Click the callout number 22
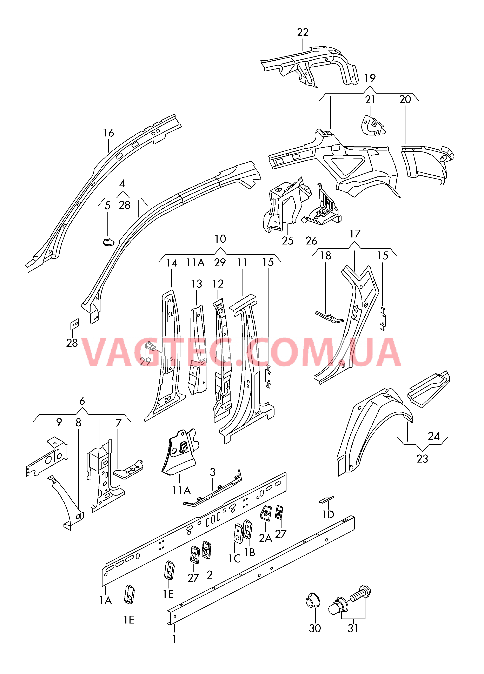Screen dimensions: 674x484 (x=303, y=32)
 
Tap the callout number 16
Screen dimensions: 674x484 (x=108, y=133)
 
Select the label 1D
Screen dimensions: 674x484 (x=328, y=514)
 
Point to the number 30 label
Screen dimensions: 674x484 (x=315, y=628)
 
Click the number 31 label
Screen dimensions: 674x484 (x=353, y=628)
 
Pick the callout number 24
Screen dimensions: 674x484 (x=434, y=436)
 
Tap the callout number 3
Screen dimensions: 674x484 (x=213, y=472)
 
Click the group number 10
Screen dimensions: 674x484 (x=220, y=239)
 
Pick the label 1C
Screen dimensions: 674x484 (x=234, y=558)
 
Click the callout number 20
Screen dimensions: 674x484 (x=405, y=100)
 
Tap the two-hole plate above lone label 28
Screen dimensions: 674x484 (x=75, y=324)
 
